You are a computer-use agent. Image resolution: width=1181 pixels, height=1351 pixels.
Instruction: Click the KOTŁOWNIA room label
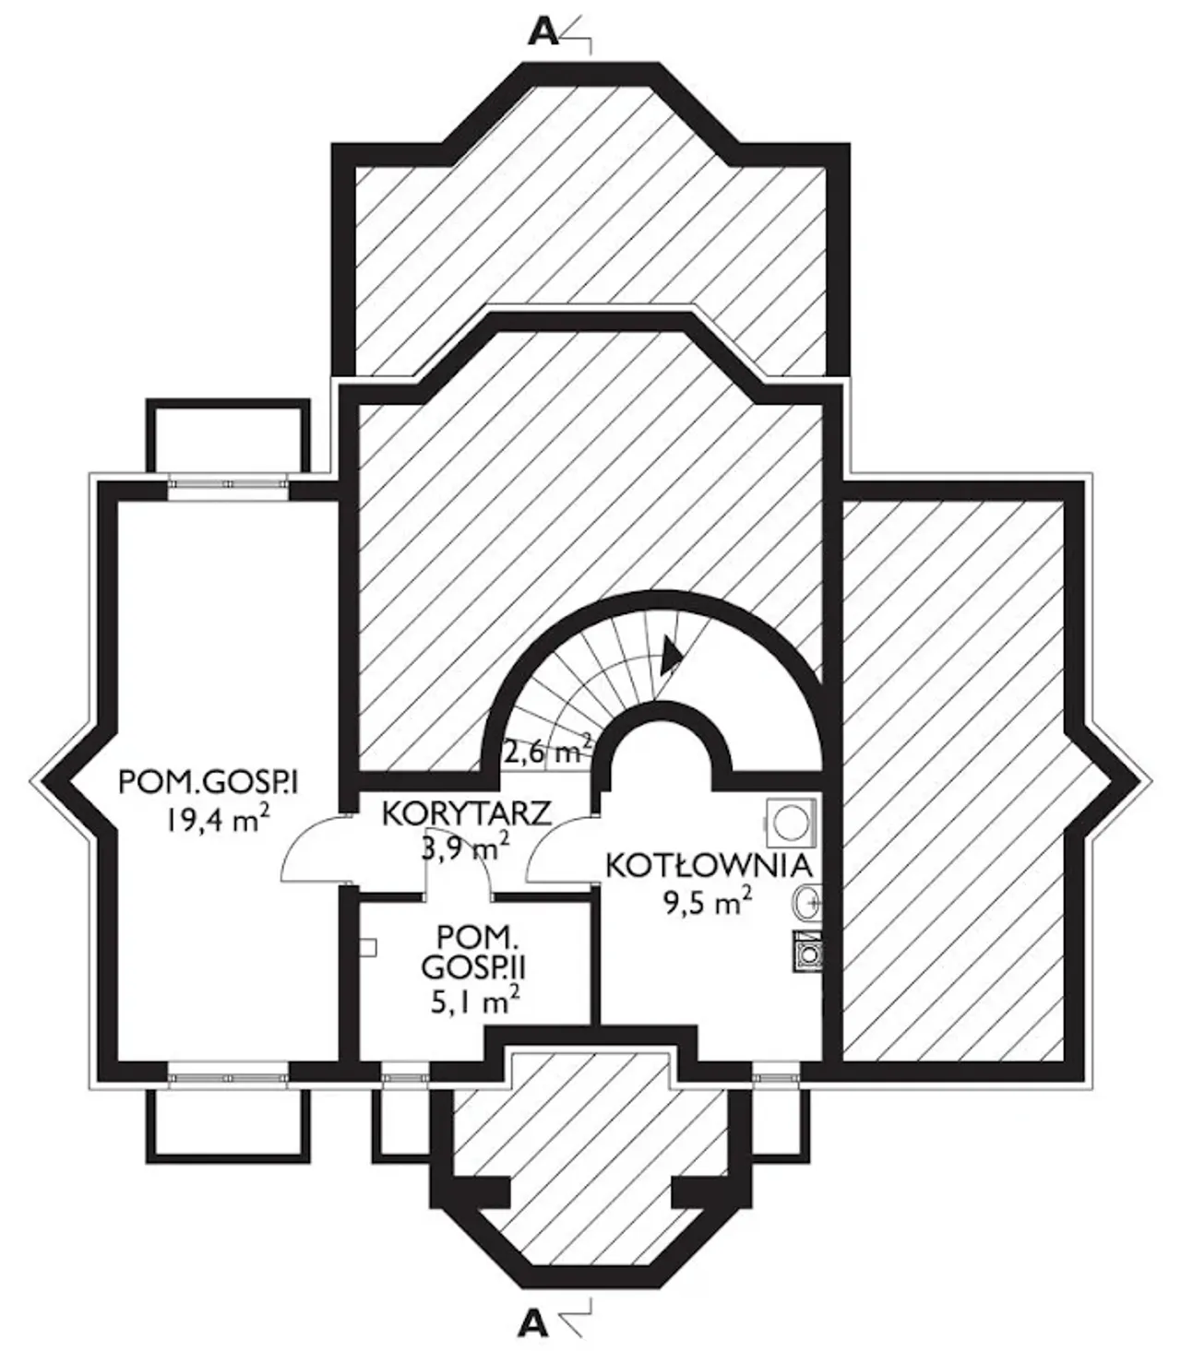click(708, 865)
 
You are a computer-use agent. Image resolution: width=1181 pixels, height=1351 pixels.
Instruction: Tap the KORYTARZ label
click(466, 813)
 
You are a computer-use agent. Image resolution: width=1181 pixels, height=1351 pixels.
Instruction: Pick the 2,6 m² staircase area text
click(545, 752)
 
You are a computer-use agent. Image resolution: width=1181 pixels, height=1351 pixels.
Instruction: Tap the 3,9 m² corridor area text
click(466, 846)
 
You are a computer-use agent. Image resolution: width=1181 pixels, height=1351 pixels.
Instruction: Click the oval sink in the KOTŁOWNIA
click(807, 900)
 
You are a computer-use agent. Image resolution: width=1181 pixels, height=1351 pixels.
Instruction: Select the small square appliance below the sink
click(807, 952)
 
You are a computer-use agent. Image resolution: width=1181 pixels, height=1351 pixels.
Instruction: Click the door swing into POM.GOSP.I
click(316, 848)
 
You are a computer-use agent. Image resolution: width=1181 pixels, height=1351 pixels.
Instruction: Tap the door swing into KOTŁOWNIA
click(562, 848)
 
